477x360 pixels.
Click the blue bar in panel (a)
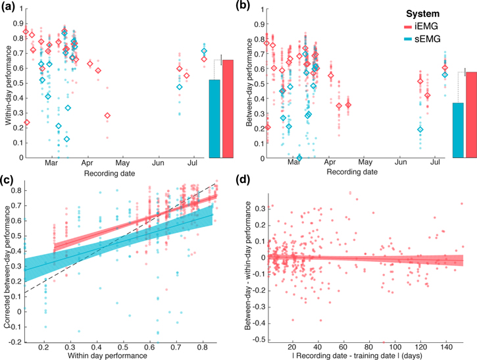[x=214, y=118]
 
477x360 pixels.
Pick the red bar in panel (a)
[x=228, y=109]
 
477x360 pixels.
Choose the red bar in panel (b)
[x=471, y=115]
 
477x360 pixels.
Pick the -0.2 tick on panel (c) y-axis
[x=14, y=342]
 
